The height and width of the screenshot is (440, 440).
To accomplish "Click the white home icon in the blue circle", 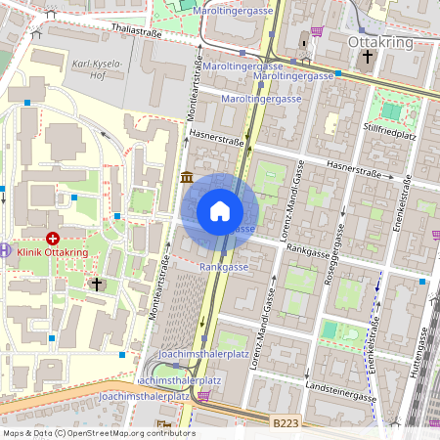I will tap(220, 210).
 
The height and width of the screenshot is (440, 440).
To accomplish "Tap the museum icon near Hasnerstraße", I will tap(187, 176).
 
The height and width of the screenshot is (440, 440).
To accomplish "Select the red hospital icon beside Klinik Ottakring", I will tap(52, 238).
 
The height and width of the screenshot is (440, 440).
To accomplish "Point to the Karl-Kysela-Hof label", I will tap(96, 68).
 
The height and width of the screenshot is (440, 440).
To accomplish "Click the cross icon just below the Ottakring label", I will tap(368, 58).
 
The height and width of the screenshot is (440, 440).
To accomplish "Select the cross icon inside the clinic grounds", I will tap(96, 285).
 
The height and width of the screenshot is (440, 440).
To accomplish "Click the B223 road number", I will tap(286, 420).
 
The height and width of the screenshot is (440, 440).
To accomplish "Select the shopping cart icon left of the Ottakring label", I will tap(317, 31).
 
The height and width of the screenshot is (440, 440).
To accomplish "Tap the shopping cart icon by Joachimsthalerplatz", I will tap(203, 396).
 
